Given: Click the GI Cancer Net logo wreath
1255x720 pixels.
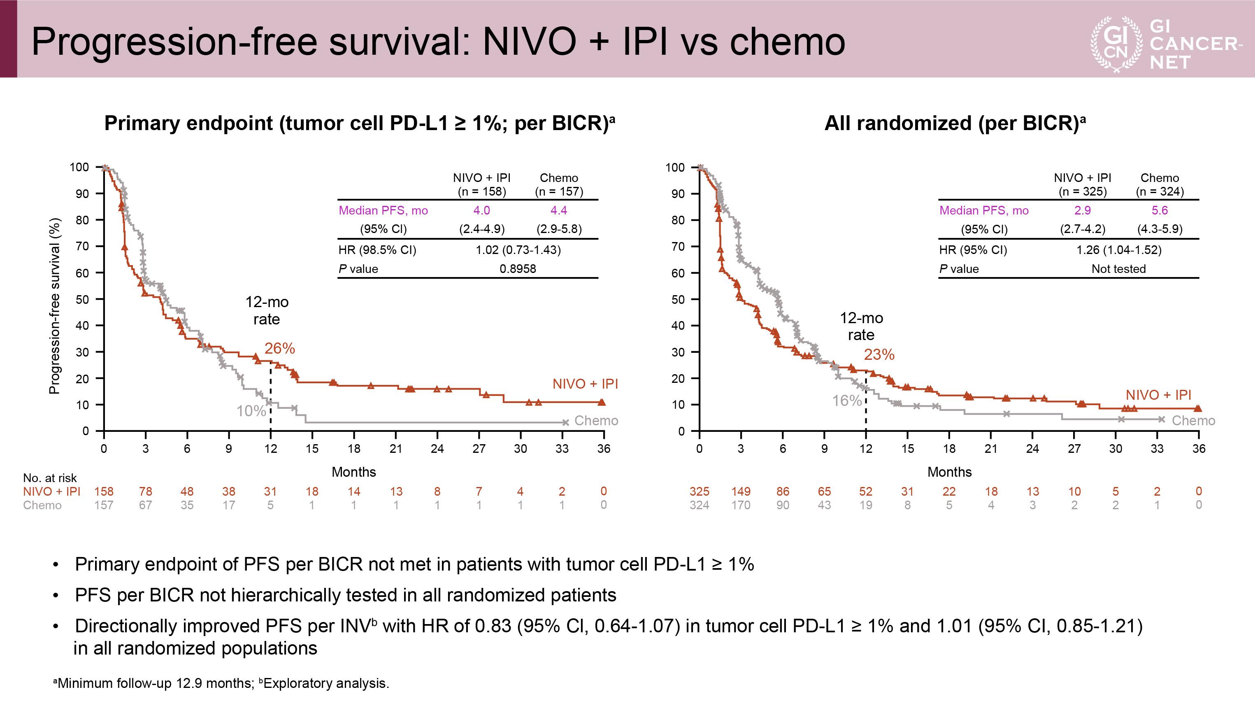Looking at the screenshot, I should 1116,44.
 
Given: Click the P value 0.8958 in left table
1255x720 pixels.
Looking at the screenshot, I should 518,268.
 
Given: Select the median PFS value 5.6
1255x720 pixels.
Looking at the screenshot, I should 1159,210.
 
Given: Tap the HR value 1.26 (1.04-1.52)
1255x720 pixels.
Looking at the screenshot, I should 1118,250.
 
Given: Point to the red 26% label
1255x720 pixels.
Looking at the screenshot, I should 279,349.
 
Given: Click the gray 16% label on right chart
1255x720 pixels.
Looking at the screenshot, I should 846,401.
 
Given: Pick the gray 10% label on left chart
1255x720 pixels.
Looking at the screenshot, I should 251,411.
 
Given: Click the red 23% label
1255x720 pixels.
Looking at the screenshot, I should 879,354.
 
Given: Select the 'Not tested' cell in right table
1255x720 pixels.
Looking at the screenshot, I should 1118,268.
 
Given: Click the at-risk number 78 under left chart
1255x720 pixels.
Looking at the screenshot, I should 145,492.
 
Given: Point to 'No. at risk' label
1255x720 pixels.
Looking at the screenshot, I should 49,478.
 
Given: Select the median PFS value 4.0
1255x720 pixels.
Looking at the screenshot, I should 481,210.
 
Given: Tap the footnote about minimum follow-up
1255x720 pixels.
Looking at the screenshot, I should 221,683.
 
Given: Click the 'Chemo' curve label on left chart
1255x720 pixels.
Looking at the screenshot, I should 596,421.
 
